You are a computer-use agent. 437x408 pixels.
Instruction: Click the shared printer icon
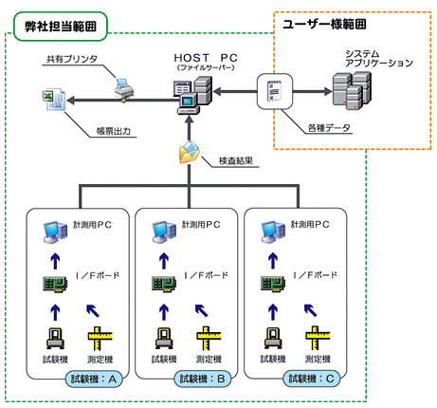tap(124, 88)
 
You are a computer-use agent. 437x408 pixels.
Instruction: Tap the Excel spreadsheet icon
tap(54, 100)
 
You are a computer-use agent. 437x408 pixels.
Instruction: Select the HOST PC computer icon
tap(192, 94)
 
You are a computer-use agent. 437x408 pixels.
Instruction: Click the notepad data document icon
tap(275, 91)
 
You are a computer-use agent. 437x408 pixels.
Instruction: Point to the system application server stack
tap(352, 90)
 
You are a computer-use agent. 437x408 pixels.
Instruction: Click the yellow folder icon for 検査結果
tap(190, 152)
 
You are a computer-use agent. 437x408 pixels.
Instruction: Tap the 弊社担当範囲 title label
tap(61, 27)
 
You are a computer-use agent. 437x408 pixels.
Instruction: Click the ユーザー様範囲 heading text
tap(324, 24)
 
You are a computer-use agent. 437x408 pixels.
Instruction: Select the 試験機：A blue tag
tap(94, 379)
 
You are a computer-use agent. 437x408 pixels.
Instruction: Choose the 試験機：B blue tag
tap(203, 379)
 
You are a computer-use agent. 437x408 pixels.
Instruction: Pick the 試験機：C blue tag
tap(312, 379)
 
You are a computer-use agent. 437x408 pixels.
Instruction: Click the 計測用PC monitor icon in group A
tap(55, 232)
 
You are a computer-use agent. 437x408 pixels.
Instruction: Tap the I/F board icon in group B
tap(164, 284)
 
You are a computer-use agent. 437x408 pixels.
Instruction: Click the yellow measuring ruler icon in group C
tap(318, 338)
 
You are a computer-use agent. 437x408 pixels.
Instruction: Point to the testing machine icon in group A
tap(55, 339)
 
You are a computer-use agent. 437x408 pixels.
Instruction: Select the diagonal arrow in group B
tap(201, 310)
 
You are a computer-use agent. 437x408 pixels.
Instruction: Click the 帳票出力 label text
tap(114, 131)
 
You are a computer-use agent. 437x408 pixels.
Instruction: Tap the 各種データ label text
tap(329, 128)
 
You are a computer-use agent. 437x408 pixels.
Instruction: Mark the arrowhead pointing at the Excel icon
tap(71, 101)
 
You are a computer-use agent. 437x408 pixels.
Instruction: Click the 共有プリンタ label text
tap(72, 59)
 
